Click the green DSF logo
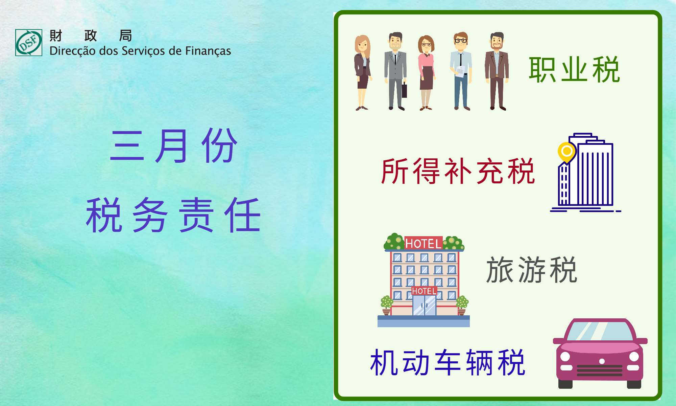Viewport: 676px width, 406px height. pyautogui.click(x=29, y=42)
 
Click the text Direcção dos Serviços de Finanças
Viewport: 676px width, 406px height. pyautogui.click(x=140, y=51)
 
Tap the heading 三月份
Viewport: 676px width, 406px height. pyautogui.click(x=174, y=146)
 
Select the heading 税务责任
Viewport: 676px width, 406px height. pyautogui.click(x=173, y=215)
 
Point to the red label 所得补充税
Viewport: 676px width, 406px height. pyautogui.click(x=458, y=171)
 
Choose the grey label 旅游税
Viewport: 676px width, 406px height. pyautogui.click(x=532, y=270)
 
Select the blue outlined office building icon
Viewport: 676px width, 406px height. pyautogui.click(x=586, y=173)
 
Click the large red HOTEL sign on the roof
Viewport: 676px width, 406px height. pyautogui.click(x=424, y=243)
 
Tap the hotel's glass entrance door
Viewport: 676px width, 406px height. pyautogui.click(x=424, y=305)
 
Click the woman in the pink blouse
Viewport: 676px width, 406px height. pyautogui.click(x=426, y=73)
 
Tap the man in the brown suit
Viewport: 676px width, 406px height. pyautogui.click(x=497, y=71)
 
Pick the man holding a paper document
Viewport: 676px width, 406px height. pyautogui.click(x=461, y=71)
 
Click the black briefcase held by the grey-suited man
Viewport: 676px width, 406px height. pyautogui.click(x=404, y=90)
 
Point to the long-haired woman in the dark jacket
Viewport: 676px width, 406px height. pyautogui.click(x=363, y=72)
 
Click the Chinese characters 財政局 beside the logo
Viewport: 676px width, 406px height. pyautogui.click(x=91, y=36)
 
